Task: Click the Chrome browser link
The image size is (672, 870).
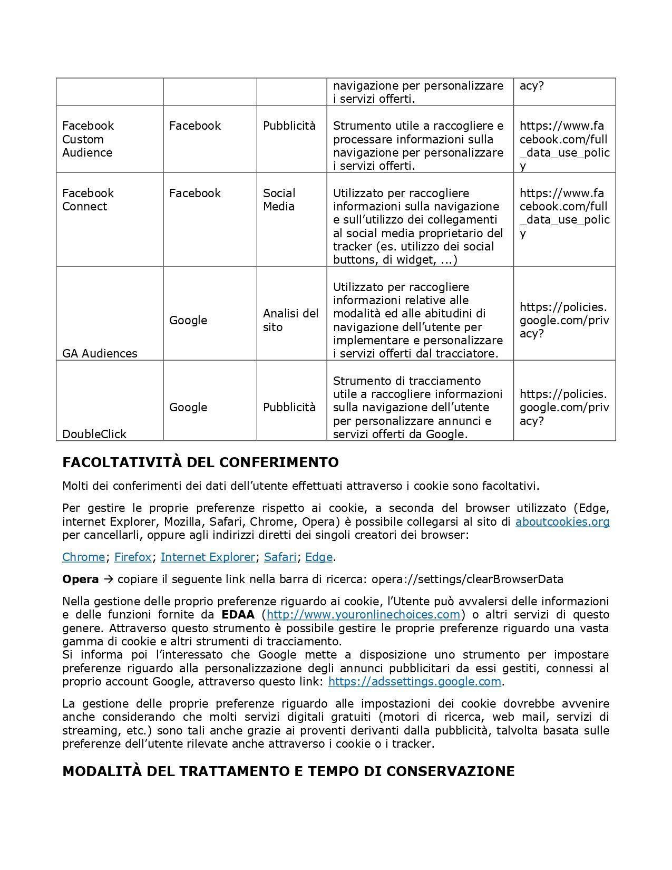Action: pyautogui.click(x=83, y=557)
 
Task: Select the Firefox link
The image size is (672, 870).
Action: pyautogui.click(x=132, y=557)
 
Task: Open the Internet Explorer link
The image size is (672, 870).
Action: pyautogui.click(x=208, y=557)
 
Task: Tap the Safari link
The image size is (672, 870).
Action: pyautogui.click(x=280, y=557)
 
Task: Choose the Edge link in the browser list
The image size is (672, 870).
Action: pyautogui.click(x=319, y=557)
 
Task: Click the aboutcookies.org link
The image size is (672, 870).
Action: pyautogui.click(x=562, y=522)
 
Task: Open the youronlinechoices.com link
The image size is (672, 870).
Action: pyautogui.click(x=364, y=615)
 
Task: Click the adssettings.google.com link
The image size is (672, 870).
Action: pyautogui.click(x=414, y=682)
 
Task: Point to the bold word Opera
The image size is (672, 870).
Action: pyautogui.click(x=80, y=579)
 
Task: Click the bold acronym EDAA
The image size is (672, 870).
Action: pyautogui.click(x=238, y=615)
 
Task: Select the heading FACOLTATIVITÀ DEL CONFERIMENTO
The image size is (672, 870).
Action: pyautogui.click(x=200, y=462)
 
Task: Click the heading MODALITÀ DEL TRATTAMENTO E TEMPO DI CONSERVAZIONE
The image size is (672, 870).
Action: pyautogui.click(x=288, y=771)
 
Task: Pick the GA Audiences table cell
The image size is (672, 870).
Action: pyautogui.click(x=100, y=353)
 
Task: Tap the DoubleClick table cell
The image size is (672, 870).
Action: pyautogui.click(x=94, y=434)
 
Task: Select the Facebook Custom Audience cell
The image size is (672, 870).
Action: pyautogui.click(x=88, y=139)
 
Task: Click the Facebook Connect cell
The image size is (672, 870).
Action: pyautogui.click(x=88, y=200)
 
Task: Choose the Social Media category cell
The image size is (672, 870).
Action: pyautogui.click(x=279, y=200)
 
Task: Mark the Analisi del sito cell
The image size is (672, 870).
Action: pyautogui.click(x=290, y=320)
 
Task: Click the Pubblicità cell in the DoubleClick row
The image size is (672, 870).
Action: pyautogui.click(x=289, y=407)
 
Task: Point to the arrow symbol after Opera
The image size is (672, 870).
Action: pyautogui.click(x=108, y=579)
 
